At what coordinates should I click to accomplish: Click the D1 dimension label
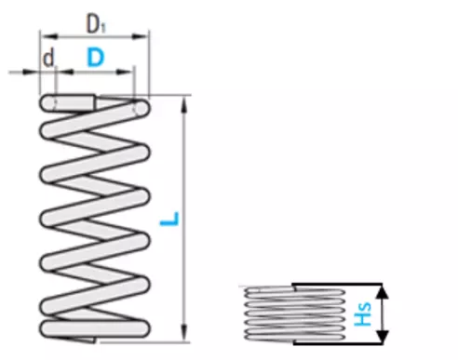click(96, 24)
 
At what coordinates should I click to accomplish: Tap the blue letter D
click(96, 58)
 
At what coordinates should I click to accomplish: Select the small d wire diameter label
click(48, 58)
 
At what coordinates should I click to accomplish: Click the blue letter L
click(169, 219)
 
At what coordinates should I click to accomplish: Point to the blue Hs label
click(363, 313)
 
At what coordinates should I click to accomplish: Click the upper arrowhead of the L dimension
click(184, 104)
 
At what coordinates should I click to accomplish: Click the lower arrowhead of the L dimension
click(184, 334)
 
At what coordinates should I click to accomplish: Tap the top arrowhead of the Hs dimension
click(383, 291)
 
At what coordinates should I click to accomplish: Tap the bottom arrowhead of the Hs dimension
click(383, 337)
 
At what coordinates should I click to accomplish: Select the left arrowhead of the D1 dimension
click(48, 37)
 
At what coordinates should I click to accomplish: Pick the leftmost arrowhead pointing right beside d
click(31, 73)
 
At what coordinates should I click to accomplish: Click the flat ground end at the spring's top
click(74, 102)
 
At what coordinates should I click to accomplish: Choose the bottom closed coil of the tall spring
click(95, 329)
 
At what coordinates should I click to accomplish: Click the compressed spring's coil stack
click(295, 313)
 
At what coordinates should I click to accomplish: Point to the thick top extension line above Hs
click(337, 284)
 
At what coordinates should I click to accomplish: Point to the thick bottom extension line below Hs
click(338, 343)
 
